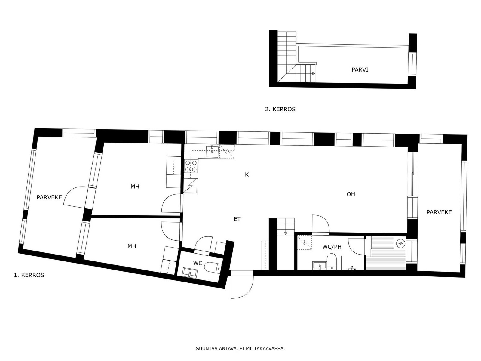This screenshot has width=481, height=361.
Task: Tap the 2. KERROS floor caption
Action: (x=280, y=109)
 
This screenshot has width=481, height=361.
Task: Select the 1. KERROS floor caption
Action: (x=29, y=275)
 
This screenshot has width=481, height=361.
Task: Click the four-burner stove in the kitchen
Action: (x=191, y=166)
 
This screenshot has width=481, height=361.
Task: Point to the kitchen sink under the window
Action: (x=212, y=151)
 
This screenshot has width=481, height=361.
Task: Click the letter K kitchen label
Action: (x=247, y=175)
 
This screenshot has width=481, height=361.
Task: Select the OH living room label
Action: (x=351, y=194)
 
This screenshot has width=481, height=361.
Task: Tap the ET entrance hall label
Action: (x=237, y=219)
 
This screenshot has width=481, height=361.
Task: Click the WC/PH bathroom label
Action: (x=332, y=247)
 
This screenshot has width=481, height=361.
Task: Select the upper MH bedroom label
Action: (x=135, y=187)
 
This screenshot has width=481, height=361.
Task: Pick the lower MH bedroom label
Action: (x=132, y=246)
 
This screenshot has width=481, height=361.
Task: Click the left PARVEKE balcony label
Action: (x=49, y=197)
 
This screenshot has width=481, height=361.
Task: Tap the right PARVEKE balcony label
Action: (x=439, y=212)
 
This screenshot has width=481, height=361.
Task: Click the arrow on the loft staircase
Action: (x=314, y=73)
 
